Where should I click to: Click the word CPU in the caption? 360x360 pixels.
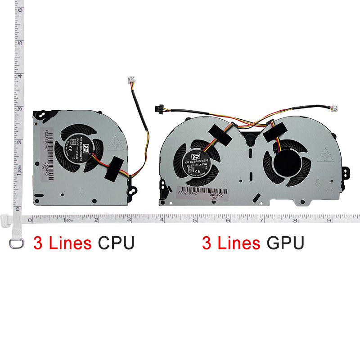116,243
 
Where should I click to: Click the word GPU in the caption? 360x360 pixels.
285,243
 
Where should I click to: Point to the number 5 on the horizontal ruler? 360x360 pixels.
194,220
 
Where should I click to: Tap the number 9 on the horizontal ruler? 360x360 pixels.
329,220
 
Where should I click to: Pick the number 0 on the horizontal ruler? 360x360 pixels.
30,220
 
